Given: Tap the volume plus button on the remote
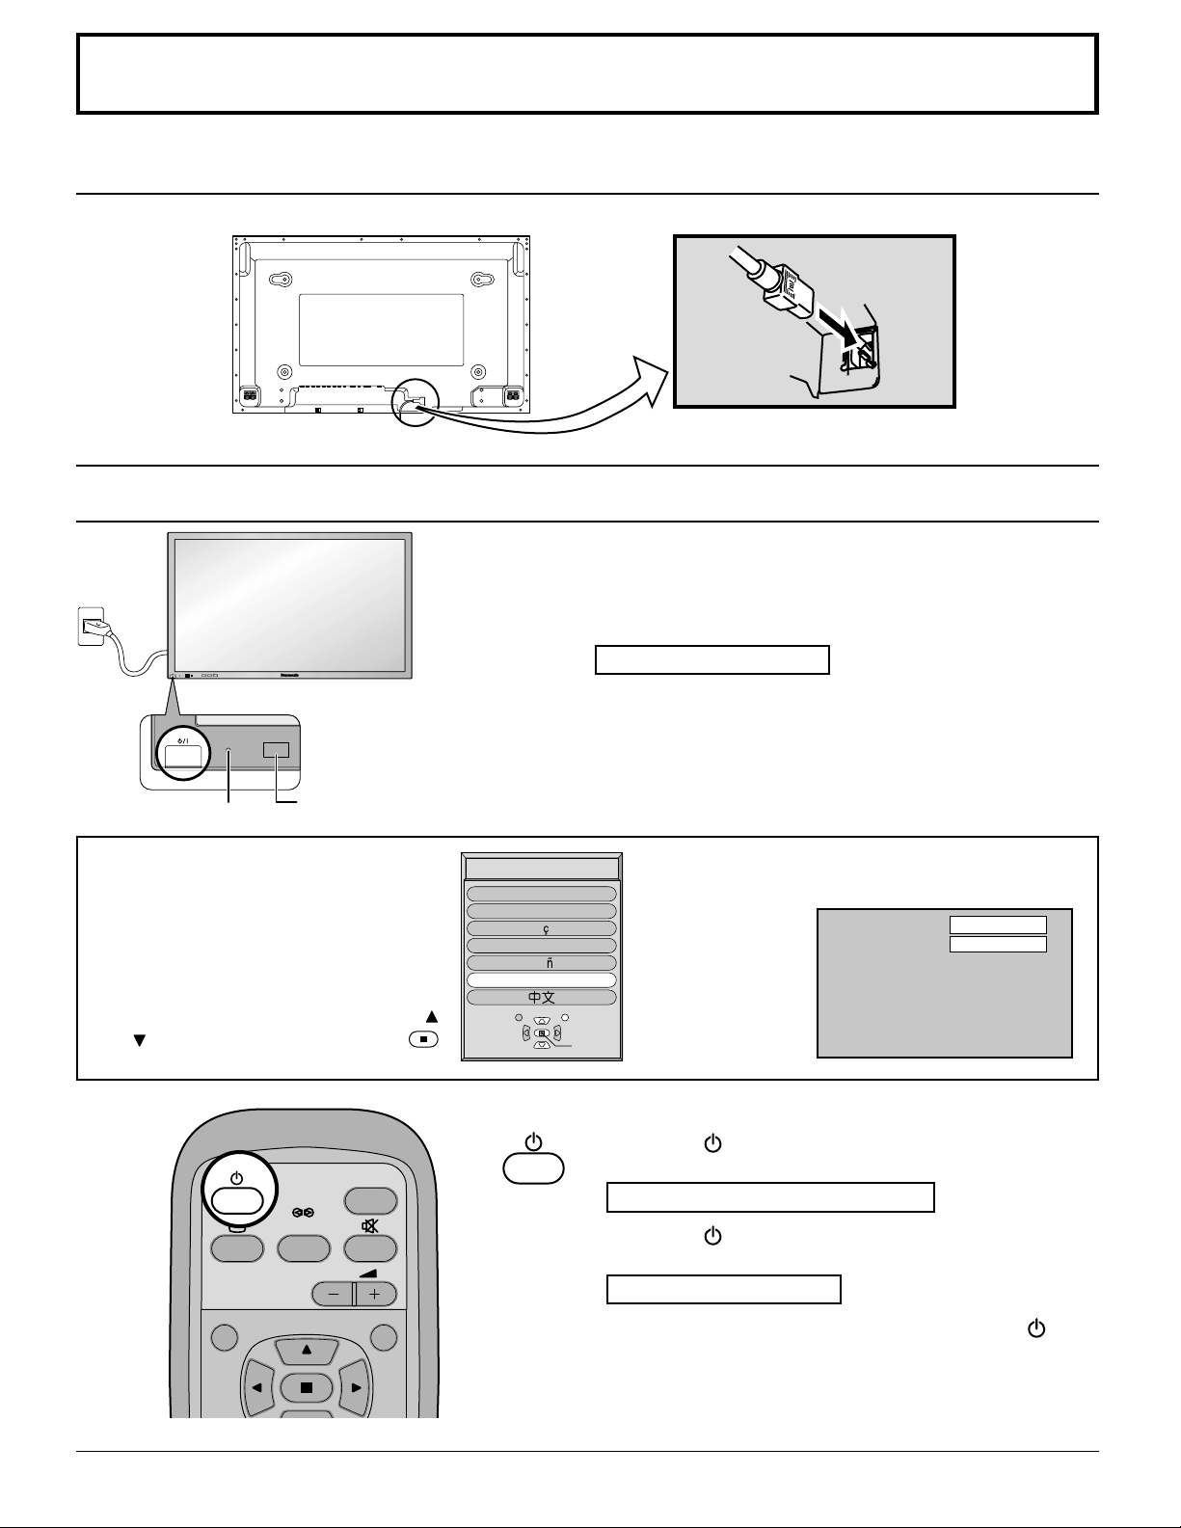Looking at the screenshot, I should click(375, 1294).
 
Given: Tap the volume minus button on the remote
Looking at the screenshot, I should click(334, 1294).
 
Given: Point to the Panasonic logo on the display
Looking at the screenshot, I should click(288, 675).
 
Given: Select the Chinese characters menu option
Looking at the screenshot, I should click(541, 998).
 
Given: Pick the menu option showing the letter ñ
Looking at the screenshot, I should click(541, 963).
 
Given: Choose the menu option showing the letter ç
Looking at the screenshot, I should click(541, 928).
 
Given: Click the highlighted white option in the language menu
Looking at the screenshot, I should click(541, 980).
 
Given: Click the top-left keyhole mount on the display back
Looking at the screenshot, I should click(280, 280).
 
